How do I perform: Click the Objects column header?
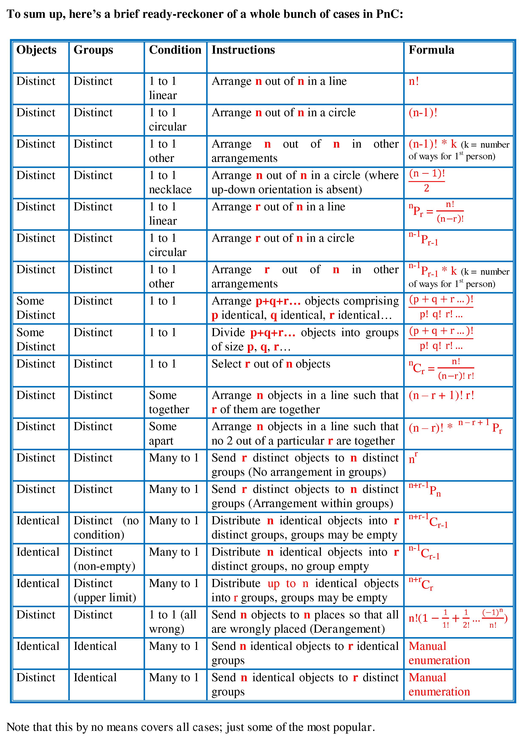coord(36,50)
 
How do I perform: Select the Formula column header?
coord(431,50)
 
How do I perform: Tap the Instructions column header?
coord(243,50)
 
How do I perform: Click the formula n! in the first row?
coord(414,81)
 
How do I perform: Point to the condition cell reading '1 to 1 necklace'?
coord(170,182)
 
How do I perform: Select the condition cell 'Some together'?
coord(169,402)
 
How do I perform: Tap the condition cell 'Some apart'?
coord(163,434)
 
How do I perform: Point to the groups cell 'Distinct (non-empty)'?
coord(104,559)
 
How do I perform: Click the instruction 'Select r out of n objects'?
coord(271,364)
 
